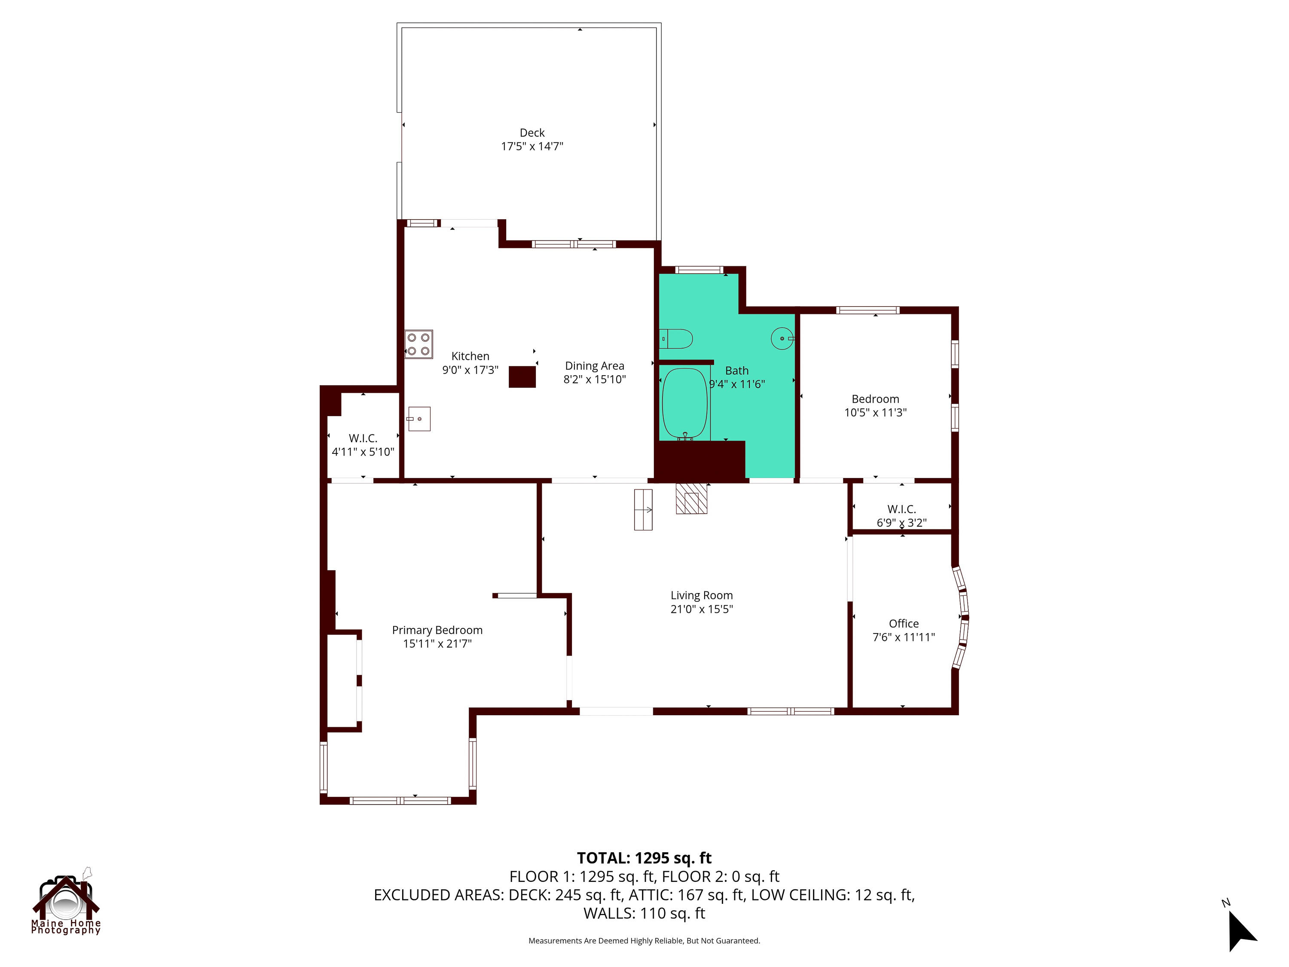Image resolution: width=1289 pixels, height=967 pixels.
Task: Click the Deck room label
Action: (x=532, y=133)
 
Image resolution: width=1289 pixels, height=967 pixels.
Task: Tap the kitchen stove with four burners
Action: (x=418, y=344)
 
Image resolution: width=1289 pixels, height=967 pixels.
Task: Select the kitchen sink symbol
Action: (x=419, y=419)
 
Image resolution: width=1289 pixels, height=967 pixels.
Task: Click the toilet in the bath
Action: (x=676, y=338)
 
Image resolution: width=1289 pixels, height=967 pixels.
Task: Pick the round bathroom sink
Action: (x=782, y=338)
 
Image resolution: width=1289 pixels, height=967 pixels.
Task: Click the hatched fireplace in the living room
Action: (x=691, y=499)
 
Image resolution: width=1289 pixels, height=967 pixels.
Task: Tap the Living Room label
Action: (x=702, y=595)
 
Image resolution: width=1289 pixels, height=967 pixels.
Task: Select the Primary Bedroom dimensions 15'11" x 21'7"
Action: (x=437, y=643)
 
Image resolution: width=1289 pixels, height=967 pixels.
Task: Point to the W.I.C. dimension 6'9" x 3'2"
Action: (x=901, y=523)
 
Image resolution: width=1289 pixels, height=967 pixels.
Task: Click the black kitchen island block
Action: (x=522, y=376)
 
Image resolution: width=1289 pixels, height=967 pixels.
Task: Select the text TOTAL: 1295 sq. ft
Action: (x=644, y=858)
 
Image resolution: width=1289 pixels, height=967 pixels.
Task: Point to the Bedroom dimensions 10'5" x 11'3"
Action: (x=875, y=413)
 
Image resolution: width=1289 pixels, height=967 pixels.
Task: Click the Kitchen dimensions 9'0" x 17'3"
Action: (x=470, y=370)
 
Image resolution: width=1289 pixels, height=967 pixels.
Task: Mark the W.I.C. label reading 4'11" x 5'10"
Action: (x=363, y=452)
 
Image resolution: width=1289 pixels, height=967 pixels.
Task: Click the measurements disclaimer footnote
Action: (x=644, y=941)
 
